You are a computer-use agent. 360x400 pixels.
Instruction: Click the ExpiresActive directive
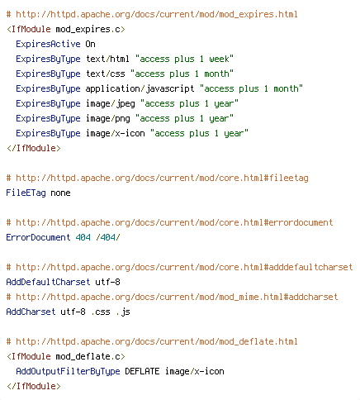click(48, 44)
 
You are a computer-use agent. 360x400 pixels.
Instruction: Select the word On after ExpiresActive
click(90, 44)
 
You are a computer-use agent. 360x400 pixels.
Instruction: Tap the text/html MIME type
click(107, 59)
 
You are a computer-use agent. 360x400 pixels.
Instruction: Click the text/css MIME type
click(105, 74)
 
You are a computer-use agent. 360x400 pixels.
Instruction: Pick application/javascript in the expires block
click(140, 89)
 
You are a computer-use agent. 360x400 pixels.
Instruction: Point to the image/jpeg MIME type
click(110, 104)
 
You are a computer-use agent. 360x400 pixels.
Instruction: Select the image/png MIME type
click(107, 119)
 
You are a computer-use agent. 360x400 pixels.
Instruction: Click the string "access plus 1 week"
click(184, 59)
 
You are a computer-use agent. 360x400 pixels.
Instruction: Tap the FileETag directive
click(26, 193)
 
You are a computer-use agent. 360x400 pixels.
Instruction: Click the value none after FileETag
click(60, 193)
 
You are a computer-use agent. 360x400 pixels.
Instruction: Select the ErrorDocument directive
click(38, 237)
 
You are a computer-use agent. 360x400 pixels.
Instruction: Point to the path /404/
click(108, 237)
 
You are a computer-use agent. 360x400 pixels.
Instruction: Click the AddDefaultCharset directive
click(48, 282)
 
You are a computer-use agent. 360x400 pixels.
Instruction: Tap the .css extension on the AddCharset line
click(101, 312)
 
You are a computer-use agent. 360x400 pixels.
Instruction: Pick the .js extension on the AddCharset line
click(123, 312)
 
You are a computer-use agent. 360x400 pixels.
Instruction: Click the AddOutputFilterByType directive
click(68, 371)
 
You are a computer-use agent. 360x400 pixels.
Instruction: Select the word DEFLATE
click(142, 371)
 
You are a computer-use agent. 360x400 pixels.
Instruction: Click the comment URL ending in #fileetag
click(162, 178)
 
